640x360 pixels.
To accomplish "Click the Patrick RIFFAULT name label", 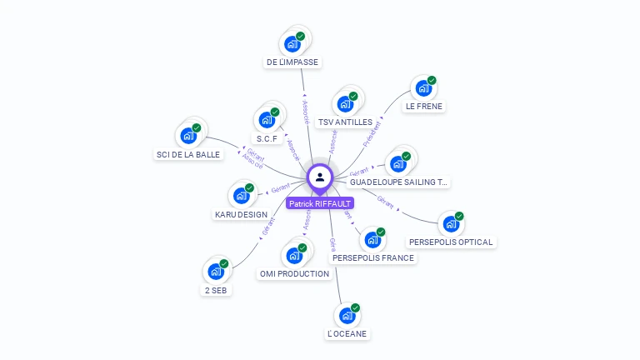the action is [320, 203].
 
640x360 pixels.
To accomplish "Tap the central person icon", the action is [320, 177].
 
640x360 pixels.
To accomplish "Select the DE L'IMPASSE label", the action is [292, 62].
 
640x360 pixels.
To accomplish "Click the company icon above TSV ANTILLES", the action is [344, 104].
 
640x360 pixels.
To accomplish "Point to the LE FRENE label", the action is [424, 107].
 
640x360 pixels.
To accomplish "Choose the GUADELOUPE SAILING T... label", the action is [398, 182].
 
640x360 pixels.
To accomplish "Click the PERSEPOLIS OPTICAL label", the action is [451, 242].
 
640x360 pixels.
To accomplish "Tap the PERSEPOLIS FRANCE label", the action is [372, 258].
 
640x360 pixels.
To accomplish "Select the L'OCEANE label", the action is [347, 334].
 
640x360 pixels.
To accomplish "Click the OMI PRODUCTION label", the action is [294, 274].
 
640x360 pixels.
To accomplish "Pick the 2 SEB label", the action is [216, 291].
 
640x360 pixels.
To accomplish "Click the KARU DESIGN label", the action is [241, 215].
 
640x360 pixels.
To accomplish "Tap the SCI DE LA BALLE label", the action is [188, 154].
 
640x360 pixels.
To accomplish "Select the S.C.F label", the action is [267, 138].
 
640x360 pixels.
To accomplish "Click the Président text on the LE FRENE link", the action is [372, 133].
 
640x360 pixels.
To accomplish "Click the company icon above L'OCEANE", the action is [347, 316].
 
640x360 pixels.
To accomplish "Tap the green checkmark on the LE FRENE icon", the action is [432, 81].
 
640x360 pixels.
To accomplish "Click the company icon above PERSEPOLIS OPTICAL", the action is [450, 224].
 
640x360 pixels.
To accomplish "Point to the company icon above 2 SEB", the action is [215, 272].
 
